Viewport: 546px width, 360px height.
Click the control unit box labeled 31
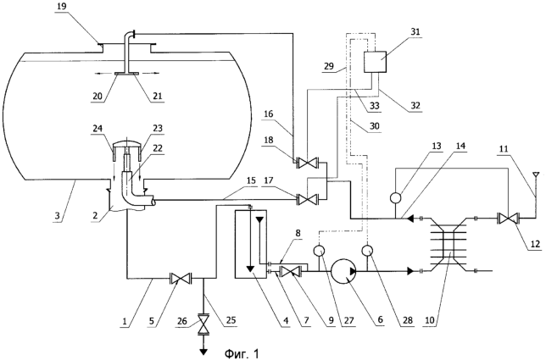(x=375, y=62)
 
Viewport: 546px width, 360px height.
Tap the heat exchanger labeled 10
(x=448, y=245)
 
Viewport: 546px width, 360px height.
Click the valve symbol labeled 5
(x=181, y=279)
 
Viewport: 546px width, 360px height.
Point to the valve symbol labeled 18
(x=307, y=163)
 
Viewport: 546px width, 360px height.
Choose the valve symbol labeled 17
(x=307, y=200)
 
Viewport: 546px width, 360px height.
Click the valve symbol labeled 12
(x=508, y=219)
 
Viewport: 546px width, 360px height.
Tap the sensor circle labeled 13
(x=396, y=197)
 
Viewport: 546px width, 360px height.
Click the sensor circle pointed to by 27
(x=319, y=251)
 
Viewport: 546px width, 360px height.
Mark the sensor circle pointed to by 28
(x=368, y=250)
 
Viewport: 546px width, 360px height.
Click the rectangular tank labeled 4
(x=251, y=244)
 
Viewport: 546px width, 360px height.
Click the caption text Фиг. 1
(x=242, y=354)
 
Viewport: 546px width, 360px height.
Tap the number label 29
(x=328, y=66)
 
